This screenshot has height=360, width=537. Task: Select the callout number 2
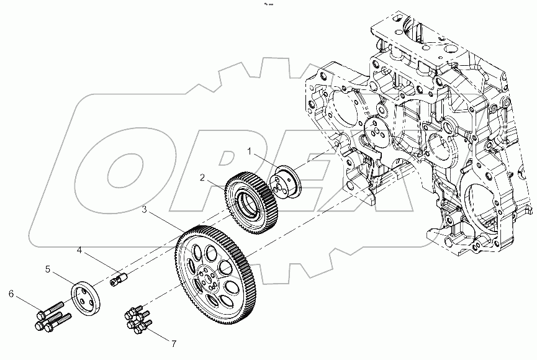pyautogui.click(x=202, y=177)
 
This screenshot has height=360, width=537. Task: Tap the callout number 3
pyautogui.click(x=145, y=210)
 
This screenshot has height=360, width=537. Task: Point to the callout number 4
pyautogui.click(x=79, y=251)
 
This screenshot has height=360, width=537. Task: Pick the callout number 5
pyautogui.click(x=47, y=270)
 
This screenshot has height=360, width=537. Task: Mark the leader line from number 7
pyautogui.click(x=160, y=335)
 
